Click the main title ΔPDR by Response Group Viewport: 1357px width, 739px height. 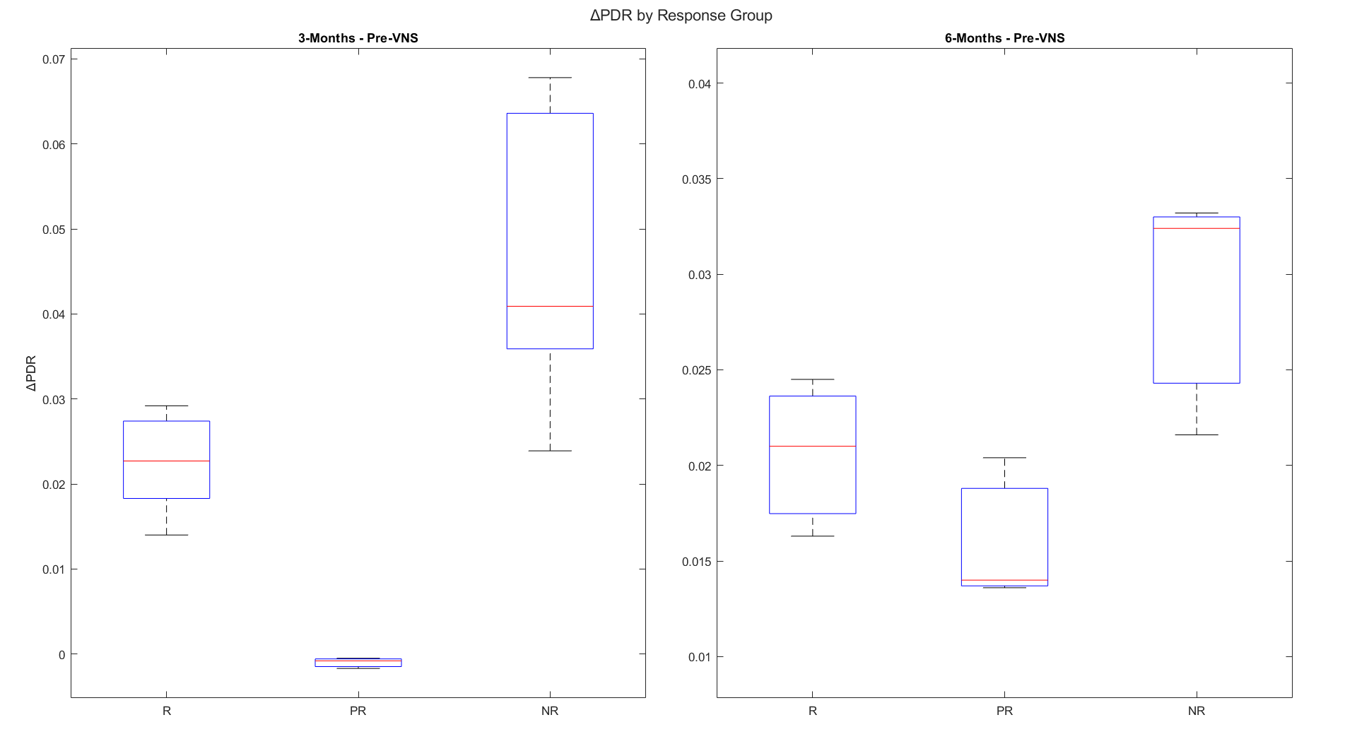click(x=681, y=16)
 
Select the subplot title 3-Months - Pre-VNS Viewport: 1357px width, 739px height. click(x=358, y=38)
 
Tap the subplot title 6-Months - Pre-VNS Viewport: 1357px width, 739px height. click(x=1004, y=38)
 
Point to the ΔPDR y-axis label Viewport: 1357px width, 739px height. click(x=31, y=373)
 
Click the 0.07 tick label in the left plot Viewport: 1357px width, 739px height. click(x=54, y=59)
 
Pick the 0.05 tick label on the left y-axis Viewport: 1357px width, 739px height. click(x=54, y=230)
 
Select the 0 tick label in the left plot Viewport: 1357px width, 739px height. click(x=61, y=655)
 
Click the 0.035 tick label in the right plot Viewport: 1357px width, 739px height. click(x=696, y=179)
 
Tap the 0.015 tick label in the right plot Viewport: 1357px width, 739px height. click(x=696, y=562)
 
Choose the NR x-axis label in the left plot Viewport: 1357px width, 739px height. click(x=549, y=711)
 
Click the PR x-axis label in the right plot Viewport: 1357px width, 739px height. click(x=1004, y=711)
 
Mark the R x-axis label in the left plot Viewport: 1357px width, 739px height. click(x=167, y=711)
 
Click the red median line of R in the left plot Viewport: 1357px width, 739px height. click(x=167, y=461)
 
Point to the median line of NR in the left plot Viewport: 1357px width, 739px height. click(x=550, y=306)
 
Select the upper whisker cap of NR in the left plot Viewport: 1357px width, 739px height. click(x=550, y=78)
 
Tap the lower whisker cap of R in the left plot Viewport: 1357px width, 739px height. click(x=167, y=535)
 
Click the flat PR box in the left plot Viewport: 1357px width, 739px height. click(x=358, y=663)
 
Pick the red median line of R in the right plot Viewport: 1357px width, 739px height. click(x=813, y=446)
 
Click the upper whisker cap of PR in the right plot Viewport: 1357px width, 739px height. click(x=1004, y=458)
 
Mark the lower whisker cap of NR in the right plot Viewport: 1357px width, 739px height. click(x=1197, y=434)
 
